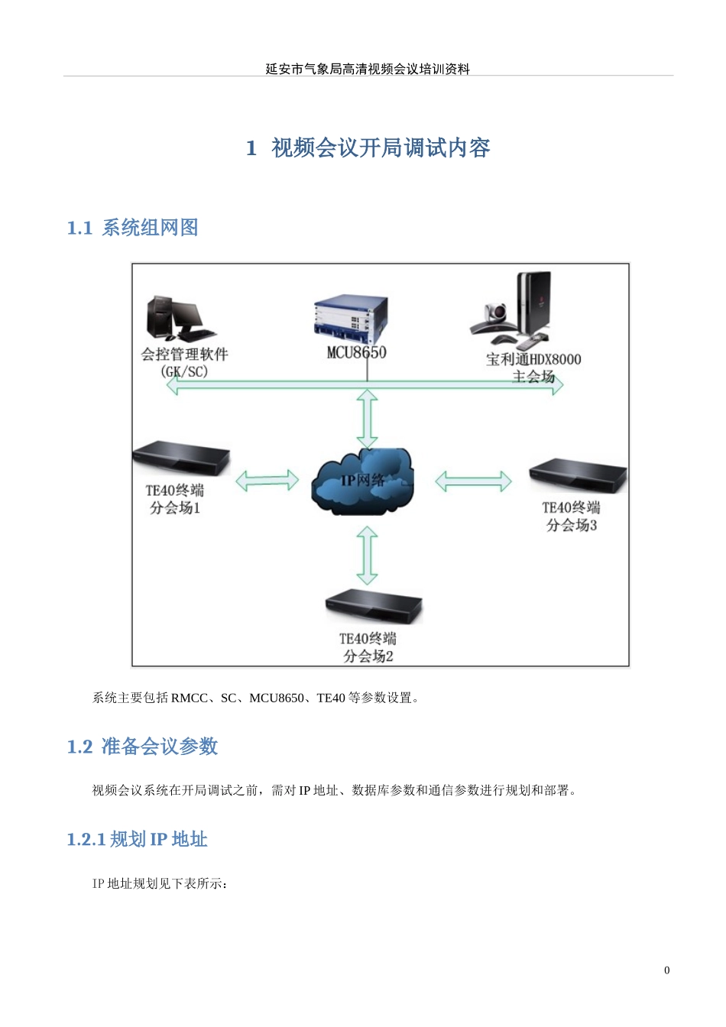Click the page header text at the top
[368, 69]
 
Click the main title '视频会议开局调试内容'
[368, 148]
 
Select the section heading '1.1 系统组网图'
[133, 228]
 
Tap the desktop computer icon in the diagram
[180, 319]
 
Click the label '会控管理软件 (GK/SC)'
[184, 363]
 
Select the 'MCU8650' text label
[356, 353]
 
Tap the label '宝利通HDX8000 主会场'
[533, 368]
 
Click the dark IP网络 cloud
[362, 481]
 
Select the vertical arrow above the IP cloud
[368, 419]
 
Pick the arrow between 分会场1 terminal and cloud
[267, 481]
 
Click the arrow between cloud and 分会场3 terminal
[473, 481]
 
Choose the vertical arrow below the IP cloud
[368, 556]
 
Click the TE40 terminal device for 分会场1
[182, 458]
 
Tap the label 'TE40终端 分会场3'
[571, 516]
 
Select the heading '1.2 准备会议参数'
[142, 747]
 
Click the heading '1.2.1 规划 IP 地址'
[137, 840]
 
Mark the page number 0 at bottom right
[666, 970]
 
